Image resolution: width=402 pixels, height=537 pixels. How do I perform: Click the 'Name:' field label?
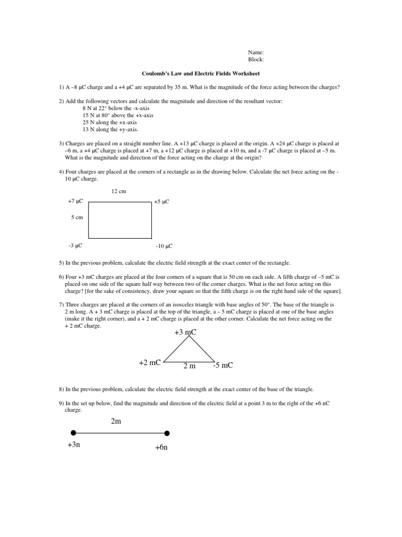[x=255, y=52]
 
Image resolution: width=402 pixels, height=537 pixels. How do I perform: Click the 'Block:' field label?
[x=256, y=60]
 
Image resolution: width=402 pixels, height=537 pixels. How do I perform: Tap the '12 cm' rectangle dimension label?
[x=119, y=191]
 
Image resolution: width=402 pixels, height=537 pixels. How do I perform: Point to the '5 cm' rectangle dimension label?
[x=77, y=217]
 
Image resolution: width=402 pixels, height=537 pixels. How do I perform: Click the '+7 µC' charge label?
[x=75, y=201]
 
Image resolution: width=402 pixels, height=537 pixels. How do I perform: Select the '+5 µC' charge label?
[x=162, y=202]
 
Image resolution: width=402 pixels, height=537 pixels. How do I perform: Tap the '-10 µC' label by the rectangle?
[x=164, y=245]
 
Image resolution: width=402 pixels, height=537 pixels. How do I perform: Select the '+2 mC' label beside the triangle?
[x=149, y=363]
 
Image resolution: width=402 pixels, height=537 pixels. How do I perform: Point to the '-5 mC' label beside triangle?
[x=222, y=366]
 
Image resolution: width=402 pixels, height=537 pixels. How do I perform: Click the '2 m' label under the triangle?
[x=189, y=366]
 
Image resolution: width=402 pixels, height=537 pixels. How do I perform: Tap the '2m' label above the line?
[x=116, y=421]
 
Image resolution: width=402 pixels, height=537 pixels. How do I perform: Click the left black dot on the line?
[x=73, y=433]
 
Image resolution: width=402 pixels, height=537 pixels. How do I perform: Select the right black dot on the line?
[x=167, y=433]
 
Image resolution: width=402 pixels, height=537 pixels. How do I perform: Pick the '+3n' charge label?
[x=74, y=445]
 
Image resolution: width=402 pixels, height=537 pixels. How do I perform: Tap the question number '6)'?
[x=61, y=276]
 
